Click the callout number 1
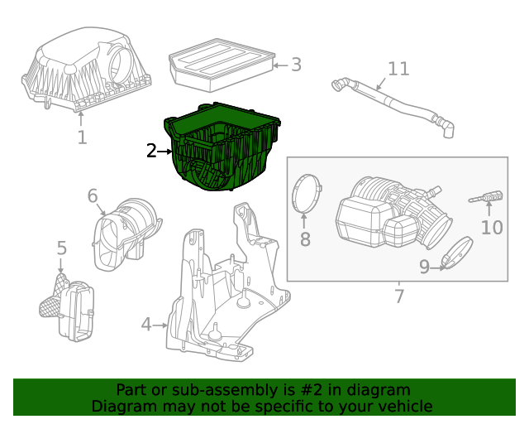[x=82, y=137]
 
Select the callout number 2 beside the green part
[x=151, y=151]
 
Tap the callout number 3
[x=296, y=65]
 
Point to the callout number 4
[x=146, y=325]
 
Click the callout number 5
[x=61, y=248]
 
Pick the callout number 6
[x=93, y=196]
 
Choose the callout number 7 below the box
[x=399, y=296]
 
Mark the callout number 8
[x=304, y=239]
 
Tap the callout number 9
[x=424, y=267]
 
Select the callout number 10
[x=492, y=226]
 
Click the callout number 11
[x=398, y=68]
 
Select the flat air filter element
[x=220, y=65]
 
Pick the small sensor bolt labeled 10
[x=487, y=197]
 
